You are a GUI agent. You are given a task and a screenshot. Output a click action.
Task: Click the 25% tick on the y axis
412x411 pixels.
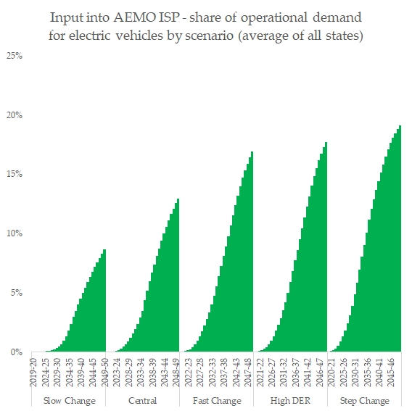pyautogui.click(x=14, y=55)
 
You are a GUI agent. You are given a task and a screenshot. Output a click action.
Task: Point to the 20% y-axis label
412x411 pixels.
pyautogui.click(x=14, y=115)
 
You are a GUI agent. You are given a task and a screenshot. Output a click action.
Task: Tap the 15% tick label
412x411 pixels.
pyautogui.click(x=14, y=174)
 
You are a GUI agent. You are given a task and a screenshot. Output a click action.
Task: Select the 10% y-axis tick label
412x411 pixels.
pyautogui.click(x=14, y=233)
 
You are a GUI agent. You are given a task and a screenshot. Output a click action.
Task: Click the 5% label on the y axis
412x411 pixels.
pyautogui.click(x=16, y=293)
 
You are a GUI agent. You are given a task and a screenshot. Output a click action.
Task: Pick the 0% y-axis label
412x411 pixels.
pyautogui.click(x=16, y=352)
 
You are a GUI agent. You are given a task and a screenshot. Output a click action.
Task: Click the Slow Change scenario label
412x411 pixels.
pyautogui.click(x=68, y=401)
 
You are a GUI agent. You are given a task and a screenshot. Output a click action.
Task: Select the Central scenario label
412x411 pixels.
pyautogui.click(x=142, y=401)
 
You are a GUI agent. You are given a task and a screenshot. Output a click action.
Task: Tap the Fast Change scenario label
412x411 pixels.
pyautogui.click(x=216, y=401)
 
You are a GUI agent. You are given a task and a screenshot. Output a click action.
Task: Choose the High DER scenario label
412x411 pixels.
pyautogui.click(x=291, y=401)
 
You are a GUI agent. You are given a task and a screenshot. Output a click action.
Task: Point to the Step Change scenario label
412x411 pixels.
pyautogui.click(x=364, y=401)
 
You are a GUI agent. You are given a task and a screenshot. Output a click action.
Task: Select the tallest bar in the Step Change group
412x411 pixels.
pyautogui.click(x=400, y=239)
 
